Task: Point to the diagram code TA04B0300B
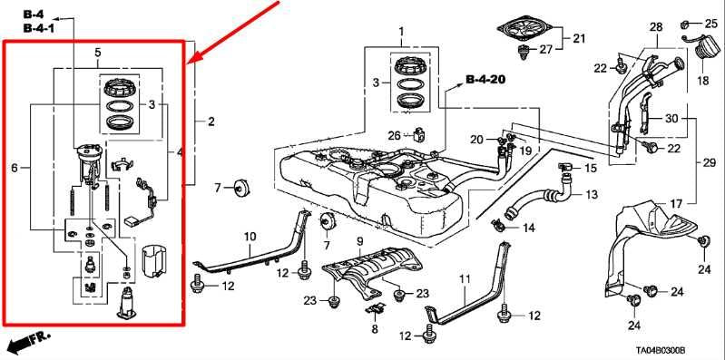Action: tap(671, 347)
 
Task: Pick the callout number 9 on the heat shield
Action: tap(359, 242)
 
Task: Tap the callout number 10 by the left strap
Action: tap(250, 237)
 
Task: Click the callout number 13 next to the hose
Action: tap(591, 195)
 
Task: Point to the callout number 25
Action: tap(710, 22)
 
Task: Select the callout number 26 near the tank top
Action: tap(393, 136)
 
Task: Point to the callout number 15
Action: tap(590, 169)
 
